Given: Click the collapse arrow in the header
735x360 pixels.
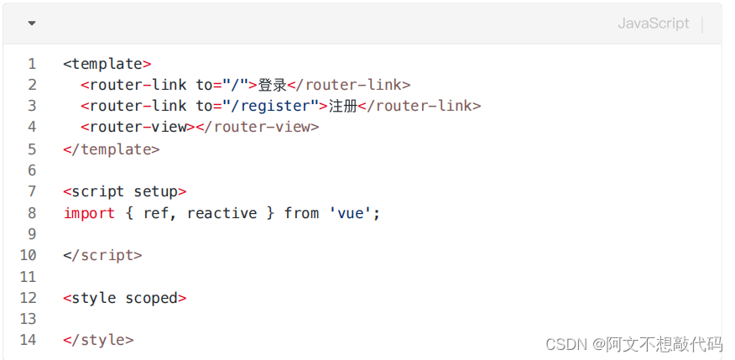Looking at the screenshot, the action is pos(32,23).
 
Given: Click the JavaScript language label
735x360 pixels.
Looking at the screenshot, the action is pos(653,23).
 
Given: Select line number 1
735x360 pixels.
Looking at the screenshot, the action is pos(32,63).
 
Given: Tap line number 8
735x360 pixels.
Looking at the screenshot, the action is pos(32,213).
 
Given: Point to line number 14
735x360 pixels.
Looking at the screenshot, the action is pos(29,340).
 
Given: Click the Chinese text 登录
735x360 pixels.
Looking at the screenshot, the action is pos(272,85).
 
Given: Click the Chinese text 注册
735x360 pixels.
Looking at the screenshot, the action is pos(342,106).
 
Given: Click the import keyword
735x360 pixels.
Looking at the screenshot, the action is pos(89,213).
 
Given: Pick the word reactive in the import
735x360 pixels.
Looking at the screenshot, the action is pos(222,213).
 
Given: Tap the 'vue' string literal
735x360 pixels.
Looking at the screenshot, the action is pos(352,213).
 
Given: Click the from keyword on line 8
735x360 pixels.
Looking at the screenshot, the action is pos(301,213).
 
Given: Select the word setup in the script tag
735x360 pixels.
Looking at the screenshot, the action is pos(156,191).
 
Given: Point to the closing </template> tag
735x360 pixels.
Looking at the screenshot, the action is pos(111,149).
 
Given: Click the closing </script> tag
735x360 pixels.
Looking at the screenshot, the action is pos(102,255).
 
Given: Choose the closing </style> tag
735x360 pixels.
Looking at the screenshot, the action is pos(98,340).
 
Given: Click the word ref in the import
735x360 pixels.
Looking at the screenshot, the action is pos(155,213).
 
